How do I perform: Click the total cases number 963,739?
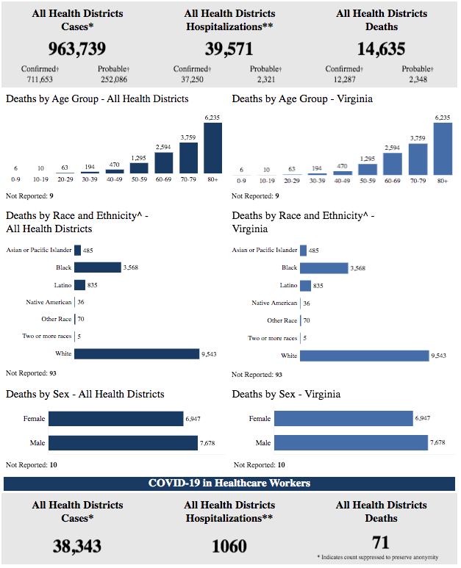(77, 49)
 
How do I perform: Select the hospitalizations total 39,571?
(229, 49)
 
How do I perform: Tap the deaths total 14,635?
(381, 49)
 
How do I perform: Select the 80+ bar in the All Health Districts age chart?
(212, 148)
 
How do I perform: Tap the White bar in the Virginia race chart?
(364, 356)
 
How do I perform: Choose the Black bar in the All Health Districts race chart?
(97, 267)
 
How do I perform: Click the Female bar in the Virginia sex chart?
(343, 419)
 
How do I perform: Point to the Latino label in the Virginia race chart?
(289, 285)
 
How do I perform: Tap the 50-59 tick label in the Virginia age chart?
(368, 179)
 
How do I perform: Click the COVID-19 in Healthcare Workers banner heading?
(229, 483)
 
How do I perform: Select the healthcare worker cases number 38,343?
(77, 546)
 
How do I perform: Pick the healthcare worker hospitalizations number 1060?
(229, 546)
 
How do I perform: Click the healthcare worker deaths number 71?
(381, 542)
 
